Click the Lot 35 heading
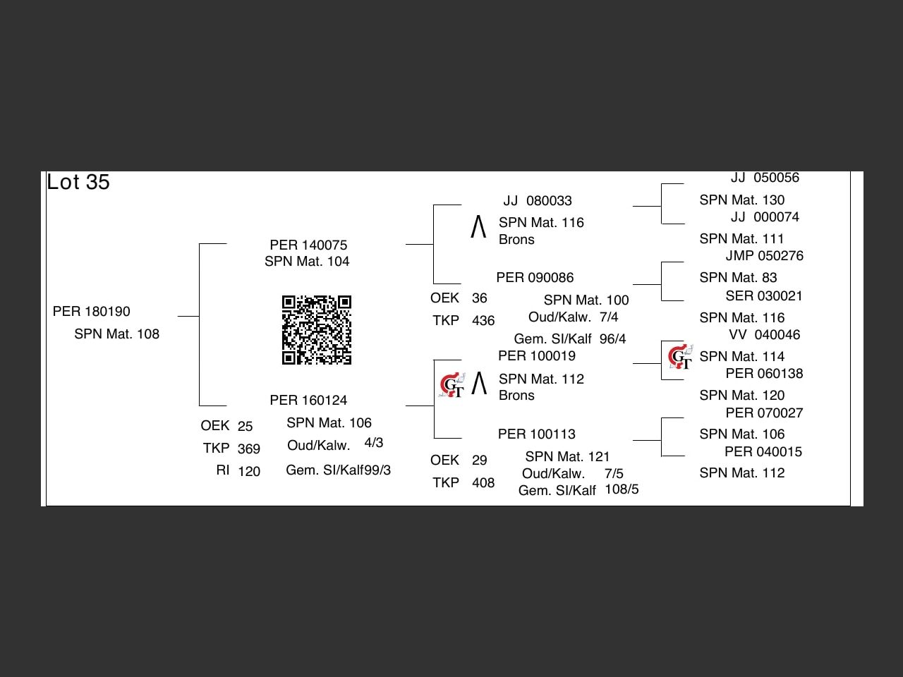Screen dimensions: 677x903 (x=78, y=182)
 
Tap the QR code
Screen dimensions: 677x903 (x=317, y=330)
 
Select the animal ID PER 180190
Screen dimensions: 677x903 (x=92, y=311)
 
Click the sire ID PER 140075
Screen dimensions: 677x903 (x=308, y=245)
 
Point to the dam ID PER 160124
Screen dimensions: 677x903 (x=308, y=400)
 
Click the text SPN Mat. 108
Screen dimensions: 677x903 (x=117, y=334)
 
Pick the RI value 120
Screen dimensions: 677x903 (x=249, y=471)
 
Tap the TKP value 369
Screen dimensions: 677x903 (x=249, y=449)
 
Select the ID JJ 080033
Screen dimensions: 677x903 (x=538, y=201)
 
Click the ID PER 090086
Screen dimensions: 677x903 (x=535, y=277)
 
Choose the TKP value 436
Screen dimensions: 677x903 (x=483, y=321)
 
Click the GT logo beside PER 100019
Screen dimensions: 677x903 (x=451, y=386)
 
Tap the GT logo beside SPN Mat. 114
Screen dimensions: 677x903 (x=680, y=357)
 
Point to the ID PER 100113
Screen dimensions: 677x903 (x=536, y=434)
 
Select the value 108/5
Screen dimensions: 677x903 (x=622, y=489)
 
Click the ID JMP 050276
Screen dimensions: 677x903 (x=764, y=255)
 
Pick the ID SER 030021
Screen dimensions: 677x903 (x=764, y=295)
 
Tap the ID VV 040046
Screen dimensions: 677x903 (x=764, y=335)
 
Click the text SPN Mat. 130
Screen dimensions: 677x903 (x=741, y=200)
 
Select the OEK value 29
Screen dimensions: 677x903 (x=480, y=460)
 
